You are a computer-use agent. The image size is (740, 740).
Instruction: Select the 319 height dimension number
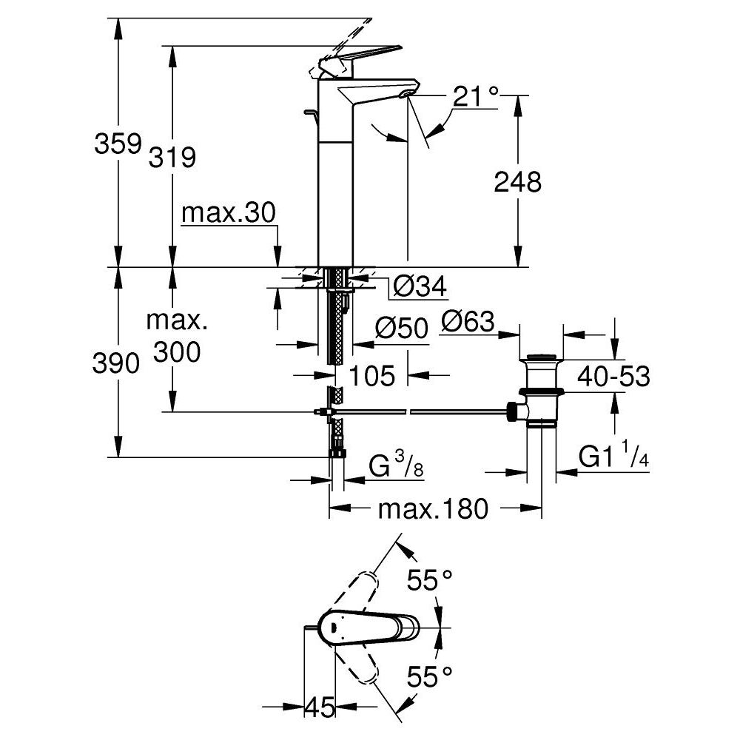[172, 156]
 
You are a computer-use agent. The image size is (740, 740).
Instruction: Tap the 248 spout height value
[517, 181]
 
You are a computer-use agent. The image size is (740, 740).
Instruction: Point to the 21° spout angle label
[475, 97]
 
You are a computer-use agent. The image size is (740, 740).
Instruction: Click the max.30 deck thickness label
[228, 214]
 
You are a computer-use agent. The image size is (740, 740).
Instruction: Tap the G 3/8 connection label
[395, 468]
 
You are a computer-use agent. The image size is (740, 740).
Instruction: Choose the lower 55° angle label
[429, 674]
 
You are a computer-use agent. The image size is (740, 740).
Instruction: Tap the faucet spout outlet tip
[405, 95]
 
